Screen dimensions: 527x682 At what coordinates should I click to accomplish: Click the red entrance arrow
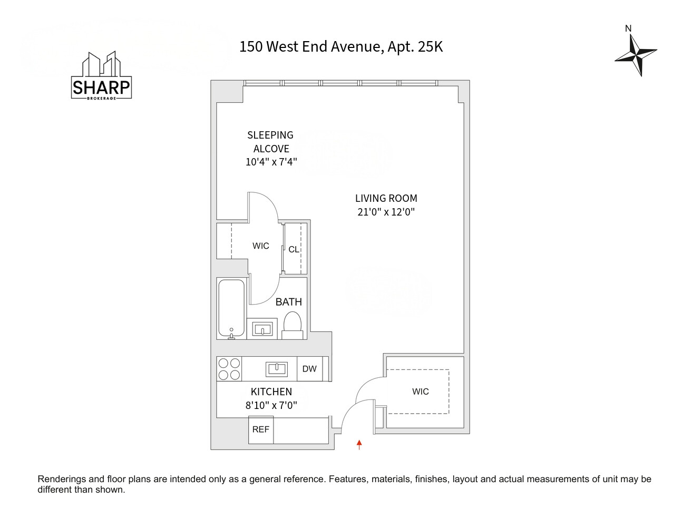click(x=359, y=444)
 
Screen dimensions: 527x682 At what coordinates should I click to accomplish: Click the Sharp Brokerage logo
click(x=101, y=76)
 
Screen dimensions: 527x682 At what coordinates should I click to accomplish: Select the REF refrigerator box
click(x=261, y=430)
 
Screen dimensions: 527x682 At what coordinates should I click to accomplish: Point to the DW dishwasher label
click(x=309, y=369)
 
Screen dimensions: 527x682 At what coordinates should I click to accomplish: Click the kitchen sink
click(x=277, y=368)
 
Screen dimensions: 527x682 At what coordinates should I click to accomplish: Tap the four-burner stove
click(x=229, y=369)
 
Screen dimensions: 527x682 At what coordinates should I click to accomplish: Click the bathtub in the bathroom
click(x=231, y=309)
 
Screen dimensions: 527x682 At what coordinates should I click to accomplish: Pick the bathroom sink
click(x=262, y=329)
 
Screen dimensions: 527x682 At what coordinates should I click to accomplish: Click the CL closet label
click(x=294, y=249)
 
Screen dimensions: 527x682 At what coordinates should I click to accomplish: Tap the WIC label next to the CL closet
click(x=260, y=246)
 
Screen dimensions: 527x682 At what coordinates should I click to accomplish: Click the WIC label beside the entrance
click(x=420, y=392)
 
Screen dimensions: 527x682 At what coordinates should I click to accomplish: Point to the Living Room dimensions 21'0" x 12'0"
click(x=386, y=212)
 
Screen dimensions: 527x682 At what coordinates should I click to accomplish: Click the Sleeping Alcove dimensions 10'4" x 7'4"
click(x=271, y=162)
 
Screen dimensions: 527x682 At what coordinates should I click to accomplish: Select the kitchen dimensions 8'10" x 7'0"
click(x=271, y=405)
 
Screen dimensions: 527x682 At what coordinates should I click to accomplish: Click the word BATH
click(x=288, y=302)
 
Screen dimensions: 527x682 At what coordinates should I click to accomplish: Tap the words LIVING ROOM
click(x=386, y=199)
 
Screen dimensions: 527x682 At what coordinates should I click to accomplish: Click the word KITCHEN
click(x=271, y=392)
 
